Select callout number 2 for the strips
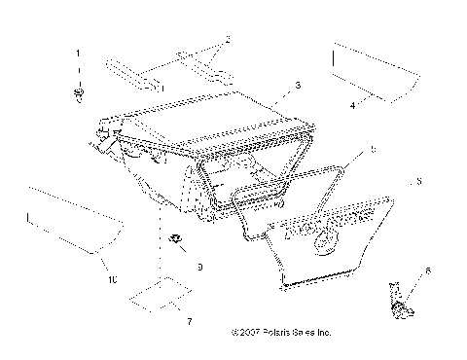pos(228,40)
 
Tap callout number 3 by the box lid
pos(299,87)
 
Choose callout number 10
pos(111,279)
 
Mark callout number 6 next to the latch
pos(428,273)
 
